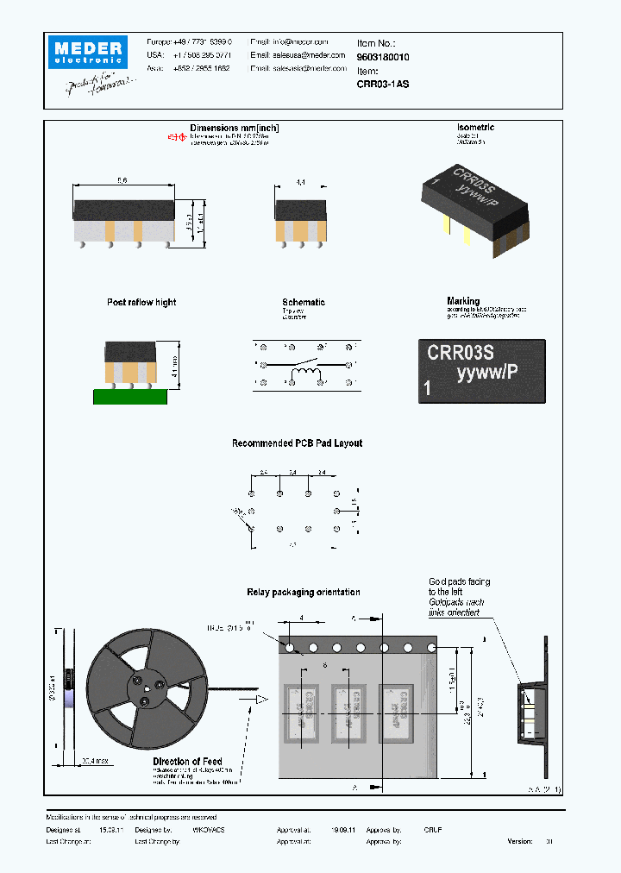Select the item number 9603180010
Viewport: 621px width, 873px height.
[x=383, y=57]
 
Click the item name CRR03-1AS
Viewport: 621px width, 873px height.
[x=383, y=85]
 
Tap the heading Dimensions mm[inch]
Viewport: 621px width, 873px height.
[x=235, y=129]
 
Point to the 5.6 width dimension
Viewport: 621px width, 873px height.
[x=122, y=180]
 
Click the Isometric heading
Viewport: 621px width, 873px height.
[x=475, y=128]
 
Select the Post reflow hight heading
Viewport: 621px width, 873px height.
[x=141, y=303]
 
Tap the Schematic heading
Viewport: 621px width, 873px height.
[x=304, y=303]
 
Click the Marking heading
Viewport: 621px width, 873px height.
[x=463, y=302]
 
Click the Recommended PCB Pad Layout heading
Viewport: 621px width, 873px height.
[x=297, y=443]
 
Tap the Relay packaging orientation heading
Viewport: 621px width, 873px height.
[x=303, y=593]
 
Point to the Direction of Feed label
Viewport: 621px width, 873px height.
[x=187, y=762]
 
